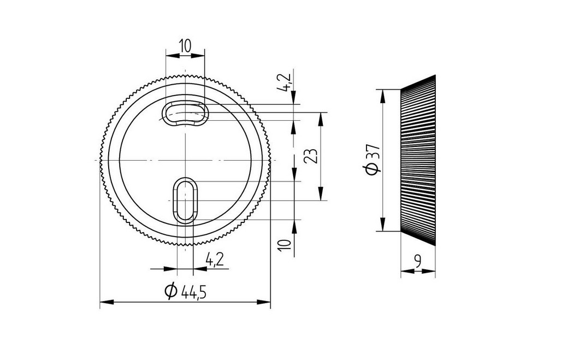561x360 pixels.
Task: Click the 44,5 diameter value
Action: coord(193,292)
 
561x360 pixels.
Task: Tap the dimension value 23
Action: coord(311,156)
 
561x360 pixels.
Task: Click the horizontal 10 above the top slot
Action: coord(185,46)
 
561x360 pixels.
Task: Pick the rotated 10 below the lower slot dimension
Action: coord(285,245)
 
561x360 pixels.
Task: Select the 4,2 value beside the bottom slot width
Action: coord(215,259)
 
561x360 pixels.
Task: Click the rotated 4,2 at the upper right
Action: coord(286,82)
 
